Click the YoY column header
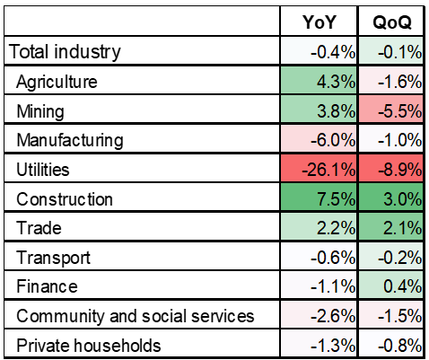[320, 22]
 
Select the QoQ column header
[392, 22]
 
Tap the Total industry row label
[65, 52]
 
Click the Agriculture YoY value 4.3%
[336, 82]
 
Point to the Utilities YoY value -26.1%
[328, 170]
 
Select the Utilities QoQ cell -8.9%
[399, 170]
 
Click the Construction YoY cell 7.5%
[336, 199]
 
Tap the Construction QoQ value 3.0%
[403, 199]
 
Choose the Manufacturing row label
[70, 141]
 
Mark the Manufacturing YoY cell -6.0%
[333, 140]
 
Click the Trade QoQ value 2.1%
[403, 228]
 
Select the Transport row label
[53, 258]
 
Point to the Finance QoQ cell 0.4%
[403, 286]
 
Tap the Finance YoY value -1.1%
[333, 286]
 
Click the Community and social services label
[136, 316]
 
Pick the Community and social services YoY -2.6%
[333, 316]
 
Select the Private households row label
[89, 346]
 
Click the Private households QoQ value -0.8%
[399, 346]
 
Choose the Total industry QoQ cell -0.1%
[399, 52]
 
